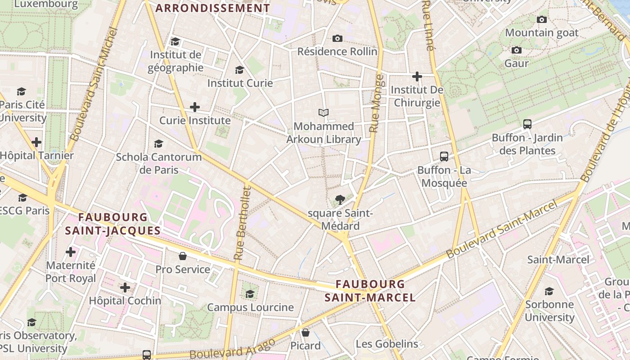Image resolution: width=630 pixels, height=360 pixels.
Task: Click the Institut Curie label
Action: [240, 83]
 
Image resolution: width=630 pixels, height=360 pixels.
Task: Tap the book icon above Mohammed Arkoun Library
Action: [324, 112]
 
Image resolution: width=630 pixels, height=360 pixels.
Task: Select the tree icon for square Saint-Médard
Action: [340, 199]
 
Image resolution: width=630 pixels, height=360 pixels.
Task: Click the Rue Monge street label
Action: [377, 103]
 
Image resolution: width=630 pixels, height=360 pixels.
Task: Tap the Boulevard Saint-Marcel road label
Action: [502, 229]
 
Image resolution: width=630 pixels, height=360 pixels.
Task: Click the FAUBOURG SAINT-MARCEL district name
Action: [370, 291]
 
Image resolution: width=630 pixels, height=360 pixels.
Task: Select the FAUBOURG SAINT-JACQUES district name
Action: [112, 224]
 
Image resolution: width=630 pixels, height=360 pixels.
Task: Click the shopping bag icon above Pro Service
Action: [183, 256]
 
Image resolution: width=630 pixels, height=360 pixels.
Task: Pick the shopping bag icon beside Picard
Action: [306, 333]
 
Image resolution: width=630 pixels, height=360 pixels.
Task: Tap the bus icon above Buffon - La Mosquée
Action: [444, 157]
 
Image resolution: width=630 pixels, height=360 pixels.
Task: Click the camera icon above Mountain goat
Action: [542, 19]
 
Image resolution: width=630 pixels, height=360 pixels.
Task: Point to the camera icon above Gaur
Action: [517, 50]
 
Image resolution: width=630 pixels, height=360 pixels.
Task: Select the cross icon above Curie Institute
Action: [195, 107]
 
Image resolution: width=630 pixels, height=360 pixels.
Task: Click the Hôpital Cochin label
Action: [125, 301]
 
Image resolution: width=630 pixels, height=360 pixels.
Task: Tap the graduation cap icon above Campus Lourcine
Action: [250, 294]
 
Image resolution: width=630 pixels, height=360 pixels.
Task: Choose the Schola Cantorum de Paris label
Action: [159, 163]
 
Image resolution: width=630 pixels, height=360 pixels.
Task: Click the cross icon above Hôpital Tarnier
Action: [36, 143]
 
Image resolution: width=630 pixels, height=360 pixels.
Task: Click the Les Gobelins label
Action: [387, 344]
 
